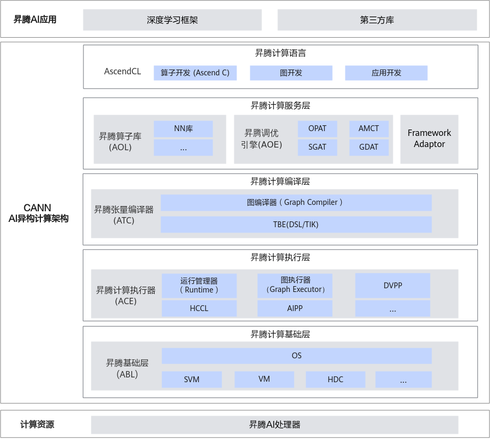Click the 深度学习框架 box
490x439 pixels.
172,20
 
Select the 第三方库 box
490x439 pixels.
377,20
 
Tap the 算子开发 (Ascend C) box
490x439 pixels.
195,73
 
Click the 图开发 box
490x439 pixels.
291,73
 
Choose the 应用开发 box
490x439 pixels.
386,73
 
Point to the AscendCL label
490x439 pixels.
123,71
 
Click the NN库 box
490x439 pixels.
183,129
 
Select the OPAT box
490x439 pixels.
317,129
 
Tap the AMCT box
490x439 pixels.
369,129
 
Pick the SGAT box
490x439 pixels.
317,147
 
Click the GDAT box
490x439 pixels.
369,147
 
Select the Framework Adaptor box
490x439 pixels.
429,139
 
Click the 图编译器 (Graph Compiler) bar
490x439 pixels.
295,202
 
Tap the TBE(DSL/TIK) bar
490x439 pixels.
295,224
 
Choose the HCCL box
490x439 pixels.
199,308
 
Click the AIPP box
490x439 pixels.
294,308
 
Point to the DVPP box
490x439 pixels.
393,286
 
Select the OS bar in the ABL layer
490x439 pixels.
297,356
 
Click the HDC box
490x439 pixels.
335,380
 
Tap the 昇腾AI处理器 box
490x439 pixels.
274,425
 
